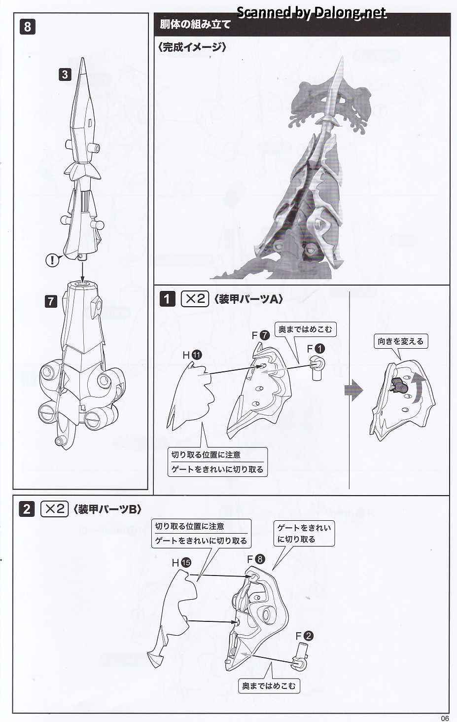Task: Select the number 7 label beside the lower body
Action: (51, 300)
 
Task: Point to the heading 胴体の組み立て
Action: (196, 24)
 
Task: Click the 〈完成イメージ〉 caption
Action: (193, 47)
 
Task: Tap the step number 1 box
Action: (168, 299)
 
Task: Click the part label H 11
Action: (192, 355)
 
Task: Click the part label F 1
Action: (316, 348)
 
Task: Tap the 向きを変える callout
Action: (400, 341)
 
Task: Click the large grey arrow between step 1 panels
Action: (353, 390)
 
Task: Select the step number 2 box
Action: (27, 508)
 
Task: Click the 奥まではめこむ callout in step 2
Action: (269, 686)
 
